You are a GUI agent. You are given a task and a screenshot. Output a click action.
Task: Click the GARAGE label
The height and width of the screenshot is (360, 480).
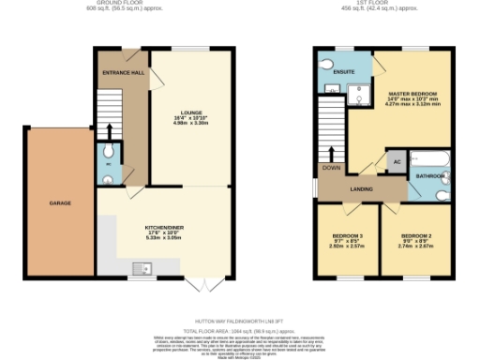point(60,202)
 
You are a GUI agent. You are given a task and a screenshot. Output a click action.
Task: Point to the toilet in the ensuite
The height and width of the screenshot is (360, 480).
point(327,68)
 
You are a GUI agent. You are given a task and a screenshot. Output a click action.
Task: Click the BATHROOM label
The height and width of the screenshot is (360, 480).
point(430,175)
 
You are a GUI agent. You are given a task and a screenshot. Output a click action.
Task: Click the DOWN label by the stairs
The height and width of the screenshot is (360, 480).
point(331,168)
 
